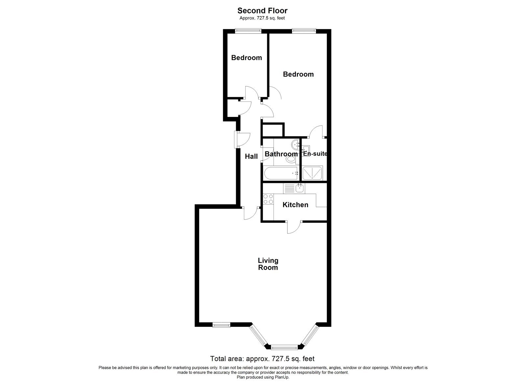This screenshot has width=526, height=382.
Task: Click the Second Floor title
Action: (262, 11)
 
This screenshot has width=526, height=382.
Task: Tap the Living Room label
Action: (268, 264)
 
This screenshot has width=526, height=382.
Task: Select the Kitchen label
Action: (295, 205)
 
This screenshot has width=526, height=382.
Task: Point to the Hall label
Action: (251, 157)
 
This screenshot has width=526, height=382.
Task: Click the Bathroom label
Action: (281, 154)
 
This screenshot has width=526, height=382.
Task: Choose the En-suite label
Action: (315, 153)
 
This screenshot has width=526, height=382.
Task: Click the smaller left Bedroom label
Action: (246, 58)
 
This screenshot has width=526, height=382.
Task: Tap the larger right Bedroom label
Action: (298, 74)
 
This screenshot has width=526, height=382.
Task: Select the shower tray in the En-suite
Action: (312, 173)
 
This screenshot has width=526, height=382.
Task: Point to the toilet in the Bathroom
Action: (290, 160)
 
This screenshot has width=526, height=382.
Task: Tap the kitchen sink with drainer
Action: (295, 188)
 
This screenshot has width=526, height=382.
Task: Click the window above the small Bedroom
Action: (248, 31)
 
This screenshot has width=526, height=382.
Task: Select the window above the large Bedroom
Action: (303, 31)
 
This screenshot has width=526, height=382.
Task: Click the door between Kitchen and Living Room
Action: (294, 227)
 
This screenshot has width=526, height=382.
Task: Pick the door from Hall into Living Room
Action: (251, 213)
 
